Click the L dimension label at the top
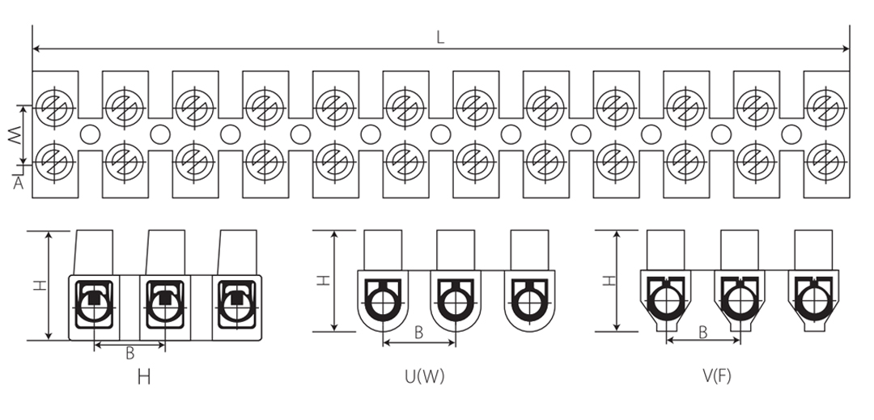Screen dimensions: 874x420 440,37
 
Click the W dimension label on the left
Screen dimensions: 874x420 14,135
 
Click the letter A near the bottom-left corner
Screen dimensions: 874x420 19,183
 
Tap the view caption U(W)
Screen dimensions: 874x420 425,377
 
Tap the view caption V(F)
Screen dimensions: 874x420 717,377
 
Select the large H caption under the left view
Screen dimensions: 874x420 144,378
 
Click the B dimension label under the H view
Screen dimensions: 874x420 129,353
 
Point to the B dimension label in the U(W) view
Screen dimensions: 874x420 419,333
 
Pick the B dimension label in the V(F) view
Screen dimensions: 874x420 703,333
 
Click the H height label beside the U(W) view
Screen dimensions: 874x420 323,280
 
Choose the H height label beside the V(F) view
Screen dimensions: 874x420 610,280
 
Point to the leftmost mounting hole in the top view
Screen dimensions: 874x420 90,134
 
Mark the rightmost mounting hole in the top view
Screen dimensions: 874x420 791,134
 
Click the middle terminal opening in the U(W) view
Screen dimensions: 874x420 456,303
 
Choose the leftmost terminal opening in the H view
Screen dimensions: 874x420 95,308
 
